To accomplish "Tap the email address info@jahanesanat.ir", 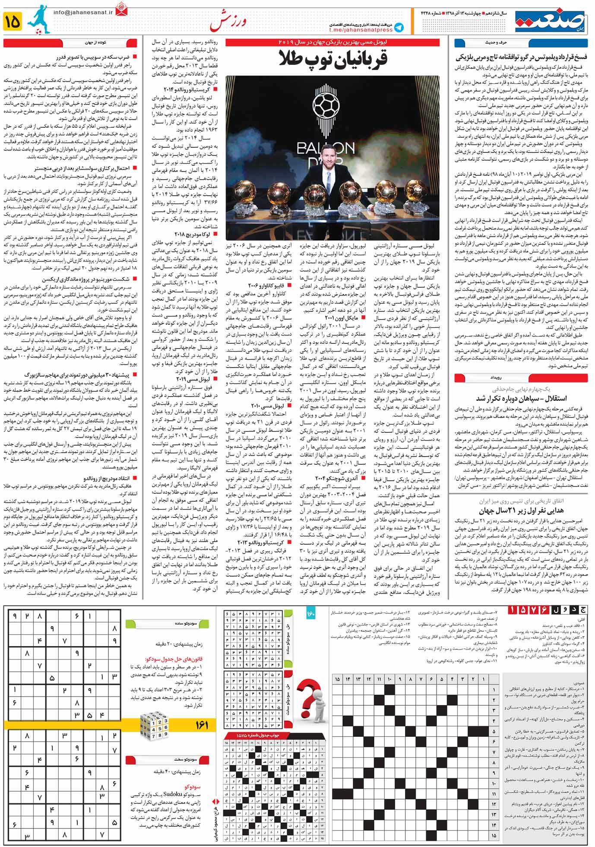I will [83, 13].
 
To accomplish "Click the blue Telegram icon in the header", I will [399, 27].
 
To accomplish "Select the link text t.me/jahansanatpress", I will [361, 30].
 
